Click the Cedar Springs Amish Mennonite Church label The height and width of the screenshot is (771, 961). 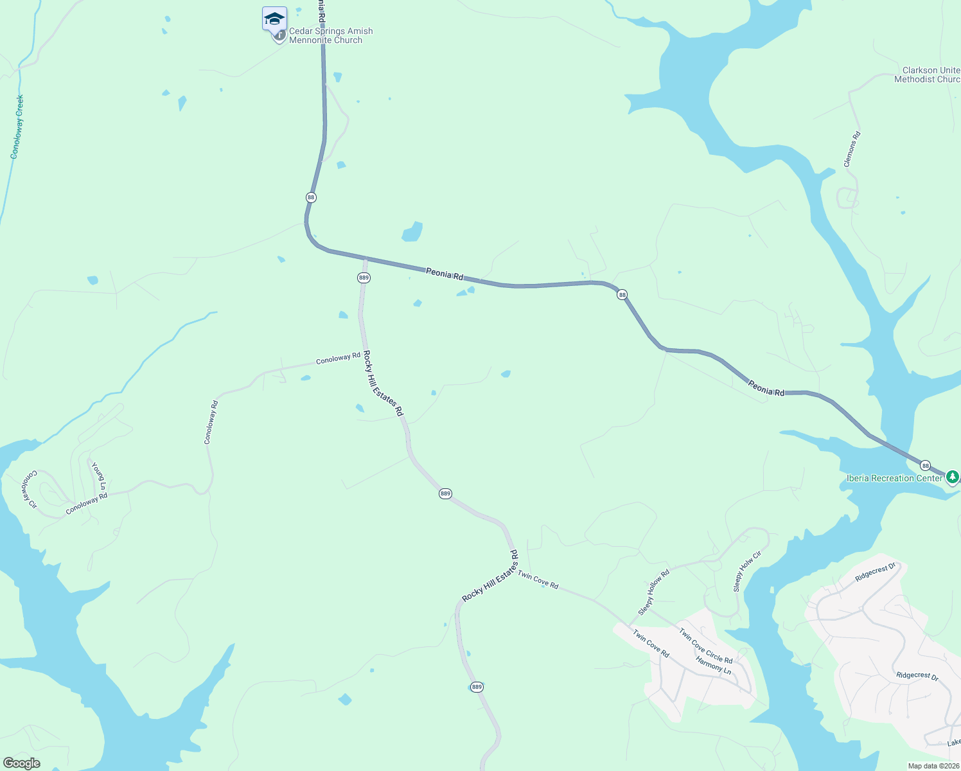click(330, 35)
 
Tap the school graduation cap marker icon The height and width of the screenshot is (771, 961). click(274, 19)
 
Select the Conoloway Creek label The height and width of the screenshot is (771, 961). click(17, 127)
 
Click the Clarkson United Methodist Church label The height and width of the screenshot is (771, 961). click(928, 75)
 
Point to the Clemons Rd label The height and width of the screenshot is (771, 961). click(852, 149)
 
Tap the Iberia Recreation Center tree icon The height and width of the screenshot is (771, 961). click(953, 477)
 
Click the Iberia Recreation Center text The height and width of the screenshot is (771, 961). click(894, 478)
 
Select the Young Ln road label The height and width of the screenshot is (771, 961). click(98, 476)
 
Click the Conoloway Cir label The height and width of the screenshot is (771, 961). click(30, 490)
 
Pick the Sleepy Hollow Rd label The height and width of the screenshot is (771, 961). click(654, 592)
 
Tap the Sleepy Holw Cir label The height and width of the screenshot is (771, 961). click(747, 571)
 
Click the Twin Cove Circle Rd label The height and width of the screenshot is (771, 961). click(705, 646)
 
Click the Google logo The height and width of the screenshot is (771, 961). click(22, 763)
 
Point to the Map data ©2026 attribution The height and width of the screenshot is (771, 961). click(933, 766)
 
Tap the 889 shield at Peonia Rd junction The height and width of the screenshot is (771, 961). click(364, 278)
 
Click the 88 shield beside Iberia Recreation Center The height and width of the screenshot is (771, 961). click(925, 465)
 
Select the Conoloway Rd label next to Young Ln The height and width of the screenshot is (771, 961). click(86, 504)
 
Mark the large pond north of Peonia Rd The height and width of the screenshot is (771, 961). click(412, 231)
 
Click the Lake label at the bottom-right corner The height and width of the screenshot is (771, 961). click(954, 743)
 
